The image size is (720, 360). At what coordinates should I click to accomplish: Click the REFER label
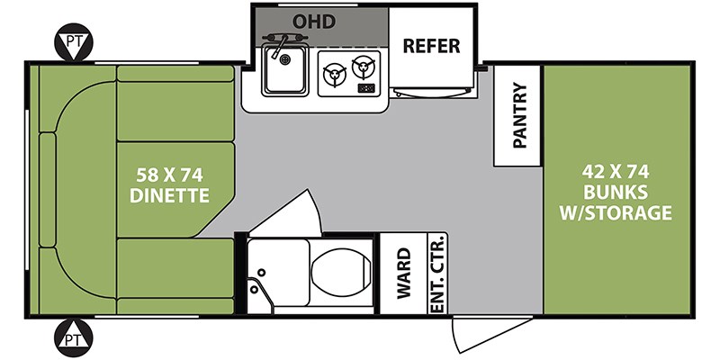click(x=431, y=46)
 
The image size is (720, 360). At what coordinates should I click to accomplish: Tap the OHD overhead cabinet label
click(x=314, y=21)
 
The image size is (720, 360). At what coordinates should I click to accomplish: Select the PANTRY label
click(x=519, y=115)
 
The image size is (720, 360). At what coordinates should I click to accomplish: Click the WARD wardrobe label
click(x=403, y=274)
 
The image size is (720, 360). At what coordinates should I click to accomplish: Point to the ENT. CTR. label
click(x=437, y=274)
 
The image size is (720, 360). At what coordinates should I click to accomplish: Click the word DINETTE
click(x=169, y=195)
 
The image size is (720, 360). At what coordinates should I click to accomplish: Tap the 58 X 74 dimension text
click(x=170, y=175)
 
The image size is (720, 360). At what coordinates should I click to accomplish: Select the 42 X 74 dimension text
click(x=616, y=172)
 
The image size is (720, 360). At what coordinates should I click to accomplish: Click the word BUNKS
click(x=616, y=193)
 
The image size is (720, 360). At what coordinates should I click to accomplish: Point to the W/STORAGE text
click(x=616, y=213)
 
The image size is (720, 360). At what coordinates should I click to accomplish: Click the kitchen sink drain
click(x=285, y=59)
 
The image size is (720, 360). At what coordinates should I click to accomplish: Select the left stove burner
click(x=334, y=75)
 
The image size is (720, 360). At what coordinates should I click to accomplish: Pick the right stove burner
click(x=364, y=67)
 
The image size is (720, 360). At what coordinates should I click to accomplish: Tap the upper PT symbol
click(x=74, y=42)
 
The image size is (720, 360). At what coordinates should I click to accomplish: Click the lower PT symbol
click(x=74, y=338)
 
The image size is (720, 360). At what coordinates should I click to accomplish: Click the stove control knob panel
click(x=366, y=87)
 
